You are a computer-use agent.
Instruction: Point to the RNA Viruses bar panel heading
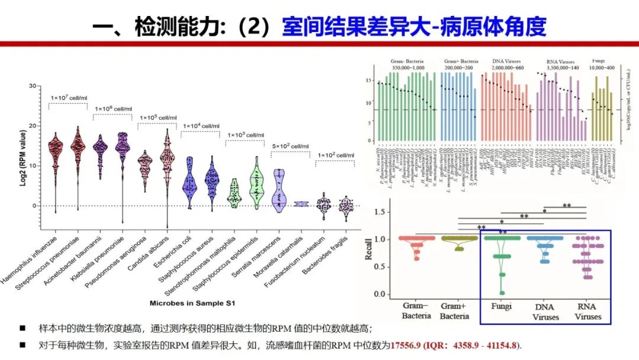coord(560,62)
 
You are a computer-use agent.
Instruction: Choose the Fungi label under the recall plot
coord(502,307)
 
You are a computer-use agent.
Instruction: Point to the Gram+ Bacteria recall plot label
coord(454,311)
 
